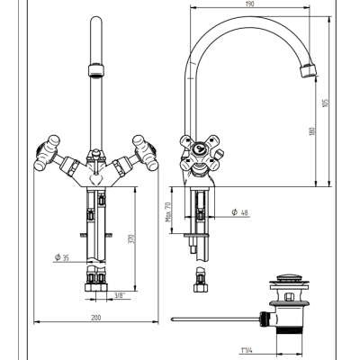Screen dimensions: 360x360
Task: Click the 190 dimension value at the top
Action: (x=249, y=4)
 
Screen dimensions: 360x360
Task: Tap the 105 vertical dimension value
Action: (x=327, y=103)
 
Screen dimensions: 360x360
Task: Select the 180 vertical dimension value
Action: (x=312, y=131)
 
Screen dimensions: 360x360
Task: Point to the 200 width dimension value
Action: (x=96, y=318)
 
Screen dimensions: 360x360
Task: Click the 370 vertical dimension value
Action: (x=130, y=238)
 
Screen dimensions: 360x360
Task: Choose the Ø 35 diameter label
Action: (x=62, y=257)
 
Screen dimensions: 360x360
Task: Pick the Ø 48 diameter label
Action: (x=240, y=212)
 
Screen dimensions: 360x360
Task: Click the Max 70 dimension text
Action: (x=168, y=211)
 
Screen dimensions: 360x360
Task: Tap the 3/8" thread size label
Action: (x=120, y=295)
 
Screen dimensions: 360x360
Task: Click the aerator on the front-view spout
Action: (x=96, y=70)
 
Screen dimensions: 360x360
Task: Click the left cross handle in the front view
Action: (x=47, y=153)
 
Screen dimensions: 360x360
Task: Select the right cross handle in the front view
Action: (x=145, y=153)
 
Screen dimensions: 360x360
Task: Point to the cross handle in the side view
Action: (x=200, y=153)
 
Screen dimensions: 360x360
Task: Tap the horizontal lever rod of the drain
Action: (x=214, y=319)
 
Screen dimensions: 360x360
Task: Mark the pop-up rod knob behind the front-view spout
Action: (x=96, y=152)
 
